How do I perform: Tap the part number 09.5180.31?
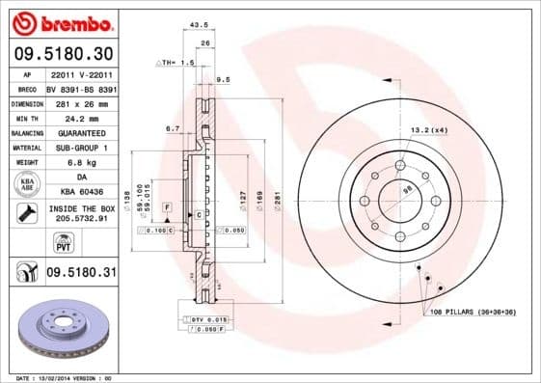(81, 274)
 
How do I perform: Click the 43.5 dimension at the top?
(201, 24)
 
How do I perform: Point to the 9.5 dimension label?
(224, 79)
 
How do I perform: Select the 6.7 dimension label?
(174, 127)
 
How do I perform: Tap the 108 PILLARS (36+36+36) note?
(473, 313)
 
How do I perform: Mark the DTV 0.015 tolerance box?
(208, 318)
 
